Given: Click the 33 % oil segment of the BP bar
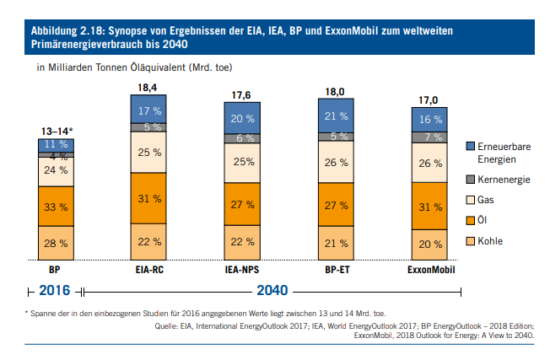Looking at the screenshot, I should (x=57, y=206).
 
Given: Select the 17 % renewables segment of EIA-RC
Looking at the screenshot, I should (x=150, y=110).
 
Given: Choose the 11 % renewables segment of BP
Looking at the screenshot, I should (x=57, y=145).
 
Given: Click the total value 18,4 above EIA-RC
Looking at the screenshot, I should (x=150, y=88).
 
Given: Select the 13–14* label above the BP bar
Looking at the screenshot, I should (x=57, y=131).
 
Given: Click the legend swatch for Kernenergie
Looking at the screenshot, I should (x=471, y=180).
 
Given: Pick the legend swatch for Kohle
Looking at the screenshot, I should (x=471, y=242).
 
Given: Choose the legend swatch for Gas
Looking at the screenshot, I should (x=471, y=200).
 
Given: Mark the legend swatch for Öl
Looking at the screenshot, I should (x=471, y=221).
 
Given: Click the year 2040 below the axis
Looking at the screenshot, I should (x=272, y=291).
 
